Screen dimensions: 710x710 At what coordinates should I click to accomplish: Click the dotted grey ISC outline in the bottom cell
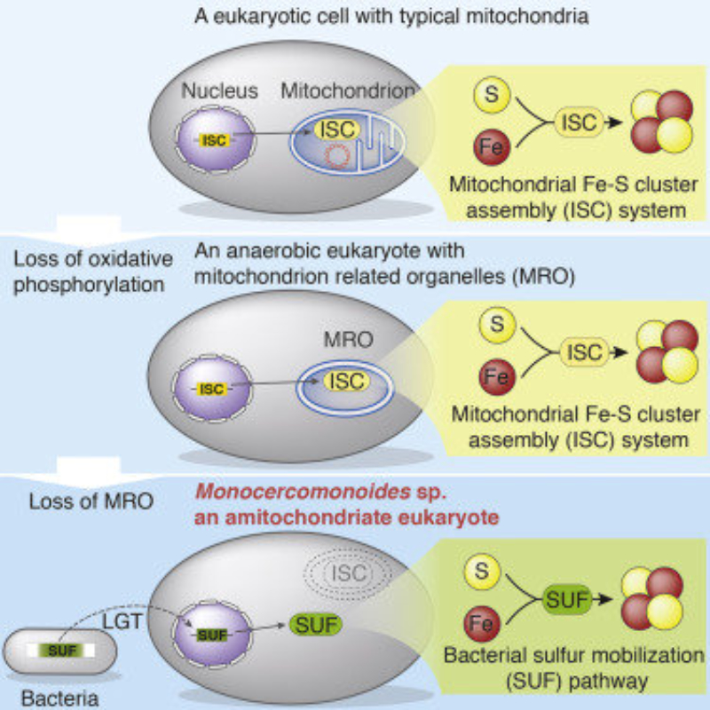click(x=347, y=573)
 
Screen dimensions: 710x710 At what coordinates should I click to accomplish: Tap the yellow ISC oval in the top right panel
click(x=580, y=122)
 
